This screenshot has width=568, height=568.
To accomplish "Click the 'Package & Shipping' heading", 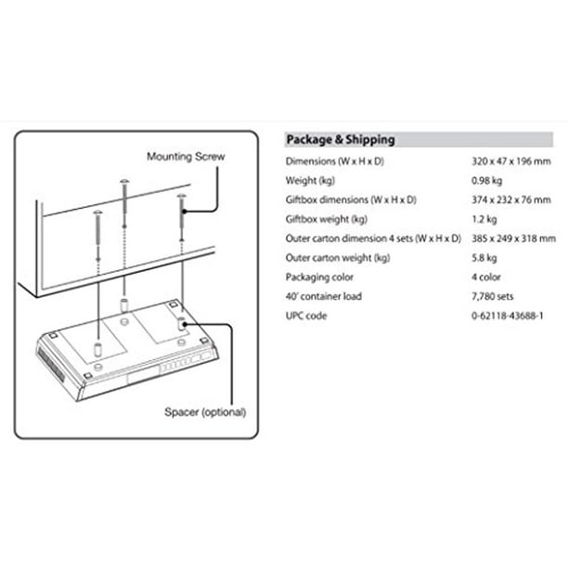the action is [x=341, y=140].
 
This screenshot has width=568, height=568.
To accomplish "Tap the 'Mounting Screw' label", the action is [x=186, y=157].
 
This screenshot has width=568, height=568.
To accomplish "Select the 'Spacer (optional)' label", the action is [x=205, y=412].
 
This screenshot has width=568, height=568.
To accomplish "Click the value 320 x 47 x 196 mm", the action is [x=511, y=161].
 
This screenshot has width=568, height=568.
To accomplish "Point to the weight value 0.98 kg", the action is [x=487, y=180].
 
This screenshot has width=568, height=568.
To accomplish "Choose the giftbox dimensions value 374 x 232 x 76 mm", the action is [x=511, y=200].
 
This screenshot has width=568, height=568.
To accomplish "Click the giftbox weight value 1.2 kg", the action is [x=484, y=219].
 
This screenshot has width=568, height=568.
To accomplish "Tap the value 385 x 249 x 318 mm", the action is [x=513, y=239].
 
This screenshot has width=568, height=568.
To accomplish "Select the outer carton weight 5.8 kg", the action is [x=484, y=258].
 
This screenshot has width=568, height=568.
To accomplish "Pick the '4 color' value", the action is [x=486, y=278].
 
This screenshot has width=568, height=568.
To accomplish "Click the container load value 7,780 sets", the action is [x=493, y=296].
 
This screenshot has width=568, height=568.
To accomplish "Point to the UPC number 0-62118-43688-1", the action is [x=508, y=316].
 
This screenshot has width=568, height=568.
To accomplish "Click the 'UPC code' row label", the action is [x=306, y=316].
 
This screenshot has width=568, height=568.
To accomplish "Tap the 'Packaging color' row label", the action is [x=319, y=278].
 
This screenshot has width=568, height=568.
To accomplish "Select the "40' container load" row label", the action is [x=324, y=296].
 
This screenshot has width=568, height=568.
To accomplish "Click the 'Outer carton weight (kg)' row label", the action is [x=338, y=258].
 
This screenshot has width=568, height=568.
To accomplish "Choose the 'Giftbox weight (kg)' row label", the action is [x=327, y=219].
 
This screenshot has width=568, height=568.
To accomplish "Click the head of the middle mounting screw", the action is [x=124, y=181].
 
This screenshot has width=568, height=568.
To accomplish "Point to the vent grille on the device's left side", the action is [x=51, y=365].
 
